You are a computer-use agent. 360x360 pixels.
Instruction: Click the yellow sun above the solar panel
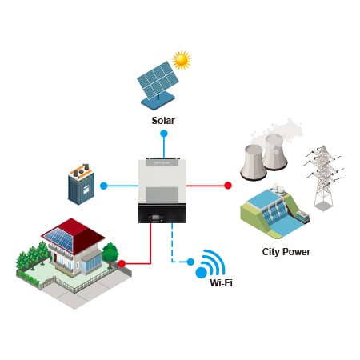(182, 60)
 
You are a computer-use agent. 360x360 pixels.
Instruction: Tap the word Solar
(163, 121)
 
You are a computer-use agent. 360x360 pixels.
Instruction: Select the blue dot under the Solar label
(164, 134)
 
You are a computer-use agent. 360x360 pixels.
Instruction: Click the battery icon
(81, 184)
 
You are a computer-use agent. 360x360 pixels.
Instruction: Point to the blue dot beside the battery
(104, 186)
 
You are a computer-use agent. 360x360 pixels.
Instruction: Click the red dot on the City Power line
(228, 186)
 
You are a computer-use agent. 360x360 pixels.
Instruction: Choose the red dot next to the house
(122, 264)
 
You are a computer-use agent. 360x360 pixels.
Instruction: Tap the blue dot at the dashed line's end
(190, 262)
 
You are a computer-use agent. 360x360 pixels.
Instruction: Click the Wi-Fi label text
(221, 282)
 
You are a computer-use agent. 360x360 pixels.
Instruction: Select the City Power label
(286, 252)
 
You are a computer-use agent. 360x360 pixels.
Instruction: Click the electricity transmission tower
(324, 178)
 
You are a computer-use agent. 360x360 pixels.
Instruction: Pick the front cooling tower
(253, 162)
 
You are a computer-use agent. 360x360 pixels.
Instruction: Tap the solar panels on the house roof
(59, 238)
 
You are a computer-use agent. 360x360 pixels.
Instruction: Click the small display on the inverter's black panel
(156, 218)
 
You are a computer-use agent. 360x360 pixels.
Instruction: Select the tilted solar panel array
(158, 80)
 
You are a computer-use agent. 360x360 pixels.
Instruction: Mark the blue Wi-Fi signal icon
(210, 264)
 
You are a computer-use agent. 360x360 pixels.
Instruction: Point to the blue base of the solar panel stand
(158, 100)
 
